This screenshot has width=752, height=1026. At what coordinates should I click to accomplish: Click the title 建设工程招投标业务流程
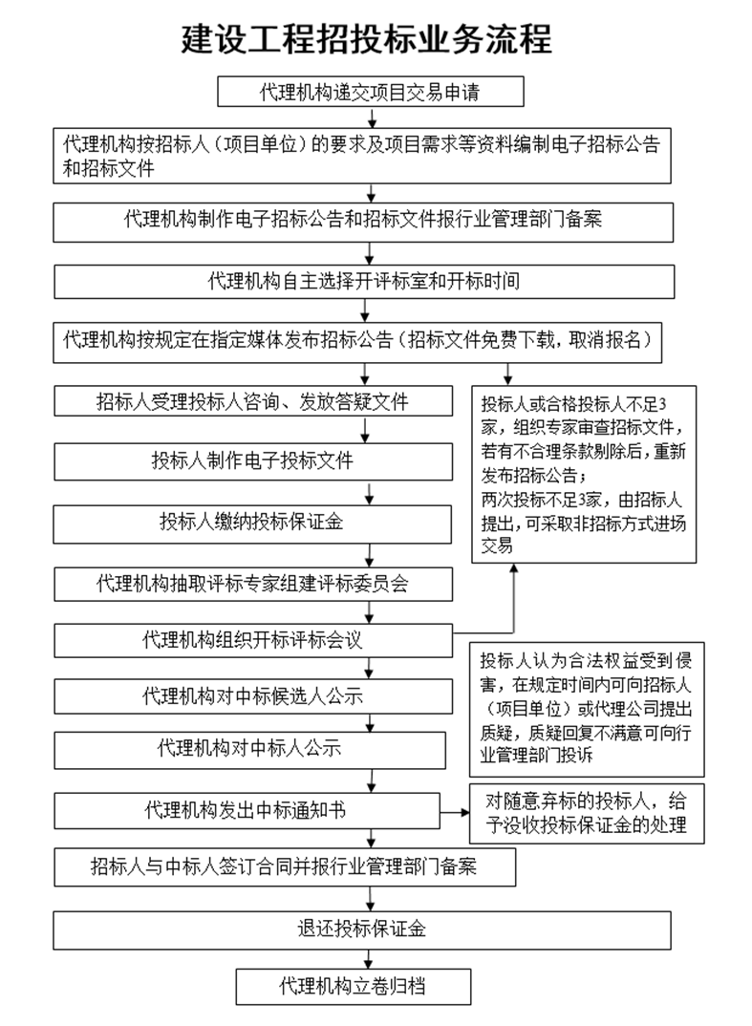point(367,41)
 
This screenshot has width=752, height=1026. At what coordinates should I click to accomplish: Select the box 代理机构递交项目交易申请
point(371,93)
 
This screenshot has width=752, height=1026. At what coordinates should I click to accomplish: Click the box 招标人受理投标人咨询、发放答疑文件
point(252,402)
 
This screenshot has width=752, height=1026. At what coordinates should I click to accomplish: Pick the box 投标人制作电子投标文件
point(252,461)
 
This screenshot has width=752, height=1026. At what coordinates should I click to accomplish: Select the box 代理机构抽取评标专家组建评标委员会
point(252,584)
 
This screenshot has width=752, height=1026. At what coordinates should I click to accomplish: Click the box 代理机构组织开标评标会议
point(252,639)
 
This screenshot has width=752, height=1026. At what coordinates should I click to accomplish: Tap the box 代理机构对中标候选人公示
point(252,695)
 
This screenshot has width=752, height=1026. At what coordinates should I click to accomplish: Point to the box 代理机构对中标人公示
point(249,749)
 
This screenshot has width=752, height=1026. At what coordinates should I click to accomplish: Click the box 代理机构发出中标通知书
point(246,811)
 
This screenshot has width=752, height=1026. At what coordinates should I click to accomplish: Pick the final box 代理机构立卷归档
point(353,986)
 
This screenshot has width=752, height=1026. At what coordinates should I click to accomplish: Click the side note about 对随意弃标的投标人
point(586,812)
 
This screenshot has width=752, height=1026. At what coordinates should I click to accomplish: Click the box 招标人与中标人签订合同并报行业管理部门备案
point(285,867)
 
